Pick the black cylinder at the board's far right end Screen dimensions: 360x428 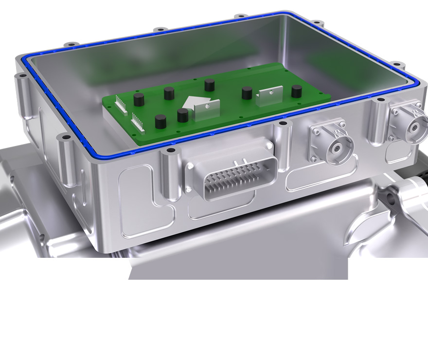pyautogui.click(x=296, y=91)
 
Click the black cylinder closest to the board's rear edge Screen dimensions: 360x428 pyautogui.click(x=210, y=86)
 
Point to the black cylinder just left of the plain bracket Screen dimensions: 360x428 pyautogui.click(x=247, y=93)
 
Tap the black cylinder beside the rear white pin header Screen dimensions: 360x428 pyautogui.click(x=139, y=101)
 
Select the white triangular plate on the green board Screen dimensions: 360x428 pyautogui.click(x=192, y=103)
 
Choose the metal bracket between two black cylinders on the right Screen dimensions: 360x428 pyautogui.click(x=269, y=96)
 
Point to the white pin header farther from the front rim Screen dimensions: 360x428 pyautogui.click(x=121, y=105)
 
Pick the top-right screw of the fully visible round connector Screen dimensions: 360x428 pyautogui.click(x=343, y=126)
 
